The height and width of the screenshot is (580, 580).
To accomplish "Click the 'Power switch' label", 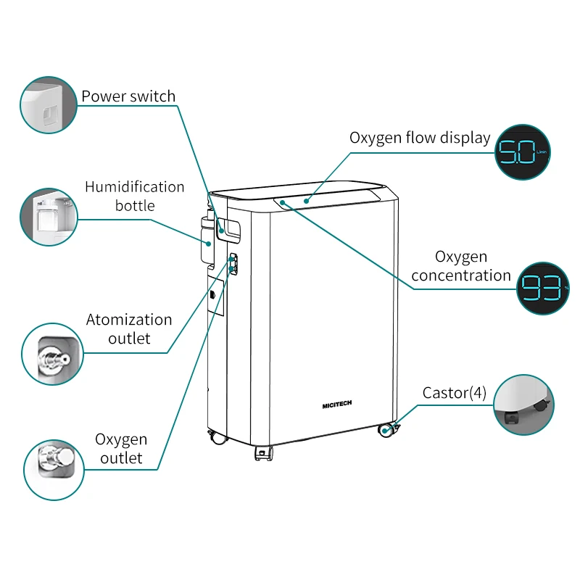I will [128, 96].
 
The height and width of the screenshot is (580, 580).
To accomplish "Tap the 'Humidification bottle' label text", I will [134, 196].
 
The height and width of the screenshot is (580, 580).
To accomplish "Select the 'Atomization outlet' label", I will [129, 328].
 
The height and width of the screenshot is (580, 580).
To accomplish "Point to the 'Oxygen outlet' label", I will [121, 448].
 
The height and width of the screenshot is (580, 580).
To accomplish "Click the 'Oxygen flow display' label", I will [420, 138].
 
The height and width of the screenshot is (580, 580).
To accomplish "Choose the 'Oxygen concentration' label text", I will [462, 266].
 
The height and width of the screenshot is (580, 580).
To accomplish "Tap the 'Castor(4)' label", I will [455, 393].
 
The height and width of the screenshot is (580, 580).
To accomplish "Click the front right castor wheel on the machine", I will [387, 430].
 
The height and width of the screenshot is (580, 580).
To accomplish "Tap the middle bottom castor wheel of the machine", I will [263, 453].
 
